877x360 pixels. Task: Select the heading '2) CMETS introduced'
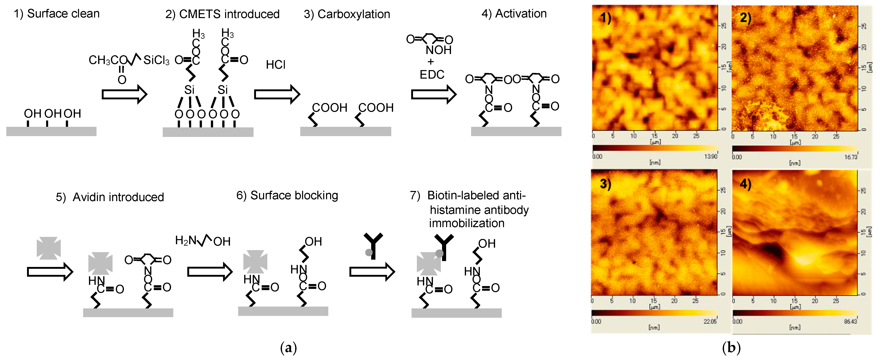222,14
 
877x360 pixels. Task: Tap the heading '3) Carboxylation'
347,14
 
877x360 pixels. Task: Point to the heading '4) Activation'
514,14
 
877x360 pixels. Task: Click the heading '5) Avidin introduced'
110,197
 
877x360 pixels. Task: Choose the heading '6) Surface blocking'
287,195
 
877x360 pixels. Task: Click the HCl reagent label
276,65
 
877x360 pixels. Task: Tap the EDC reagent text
432,75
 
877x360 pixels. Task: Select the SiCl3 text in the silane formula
156,60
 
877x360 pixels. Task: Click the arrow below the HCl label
277,94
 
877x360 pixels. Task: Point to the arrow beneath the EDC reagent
433,94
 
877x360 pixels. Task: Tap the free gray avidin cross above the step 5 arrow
49,248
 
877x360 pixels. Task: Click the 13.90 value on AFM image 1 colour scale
711,156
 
